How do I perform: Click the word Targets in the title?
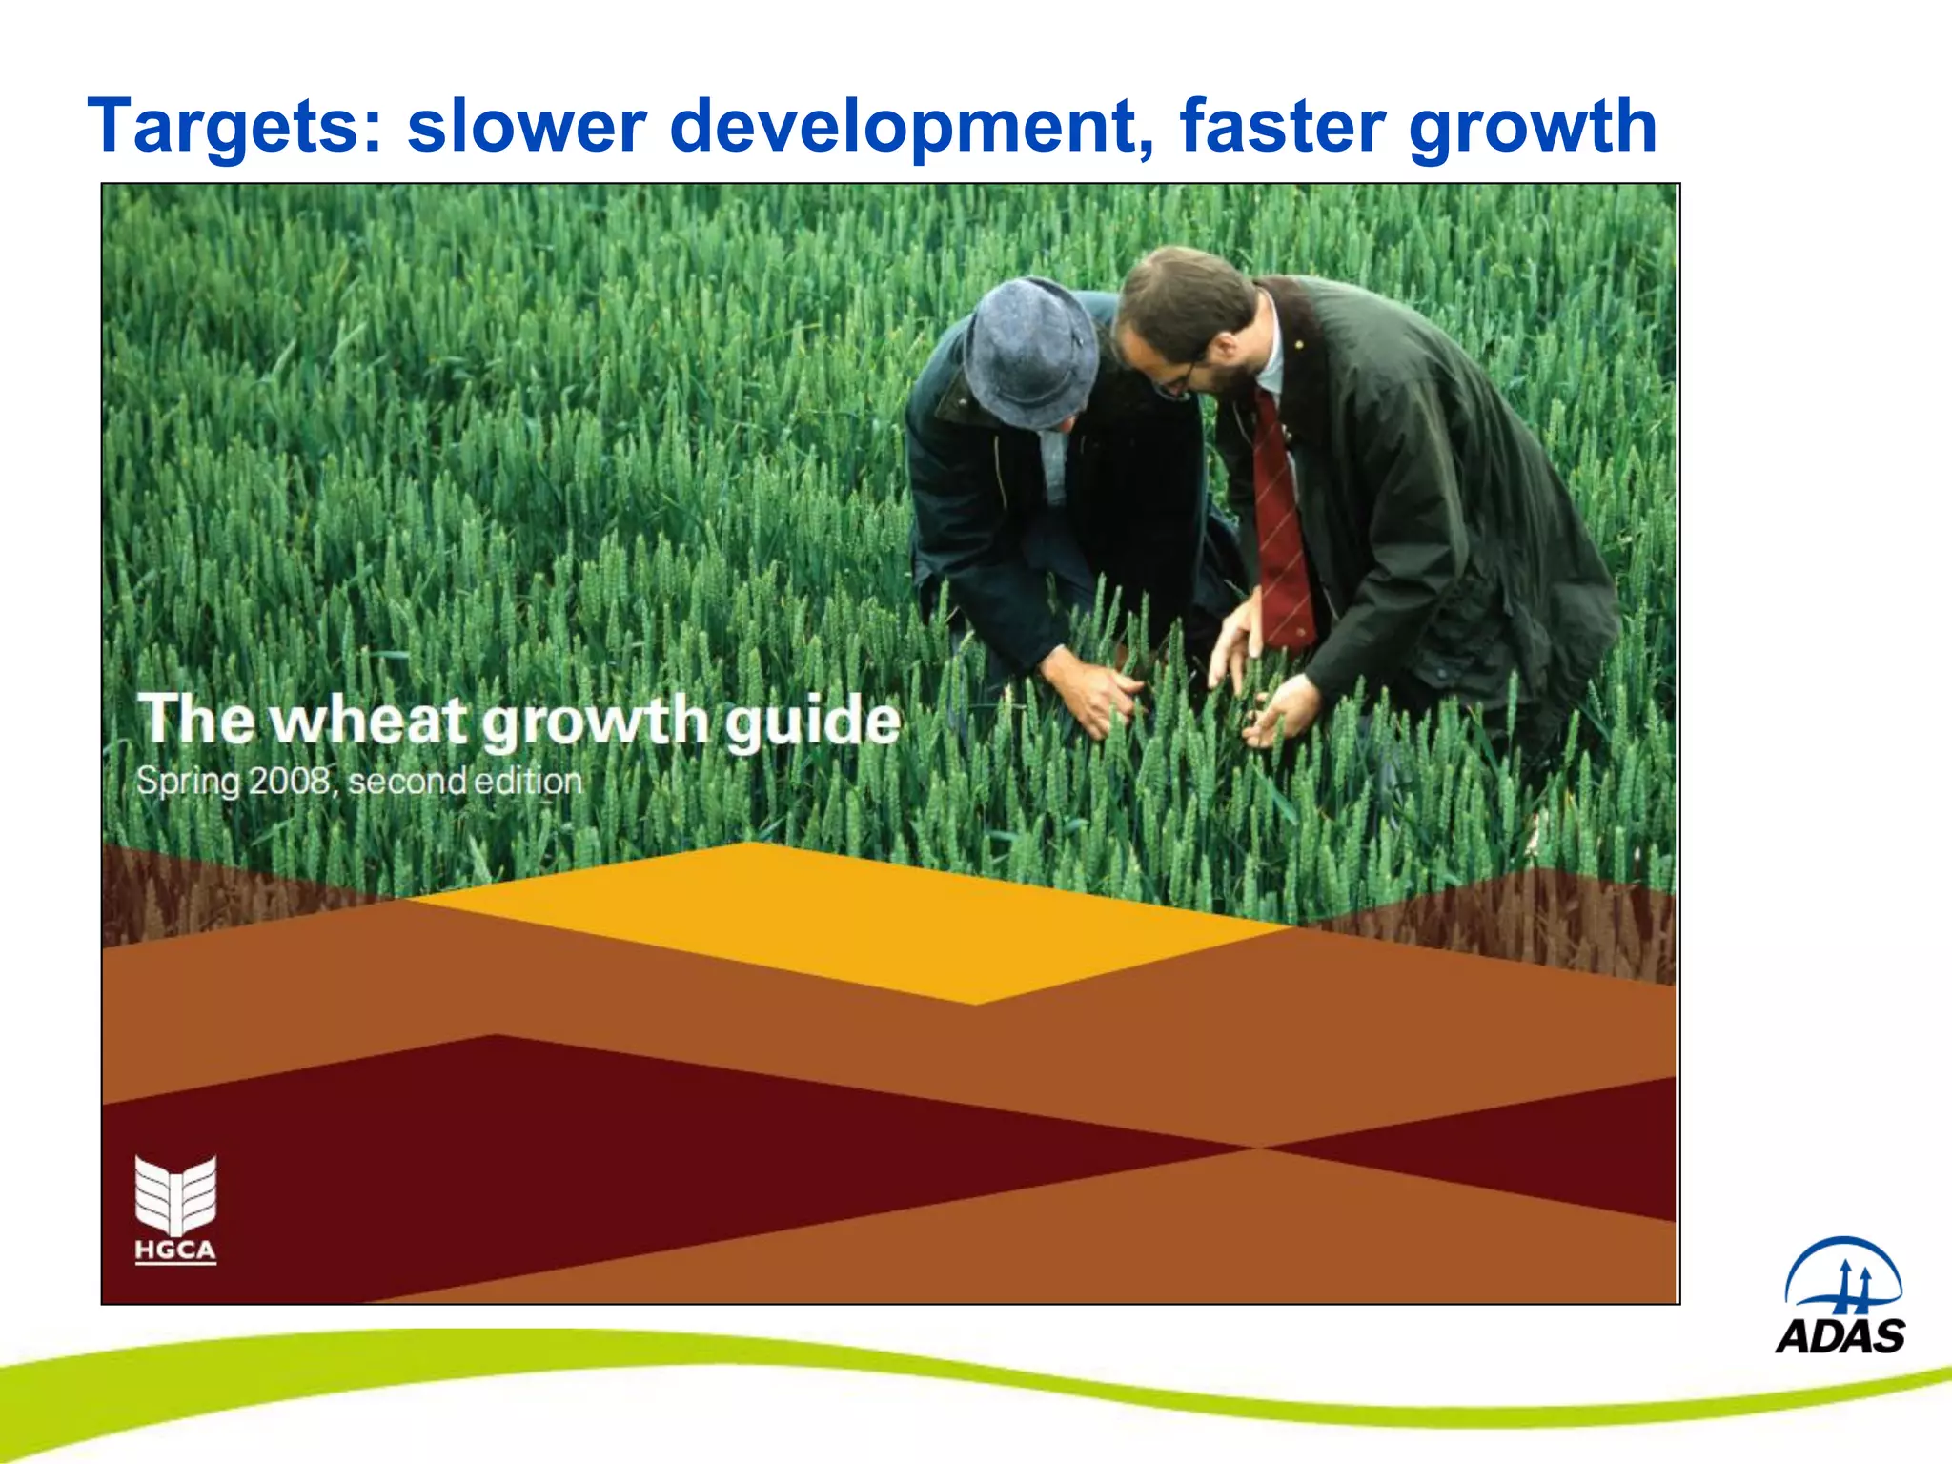point(234,126)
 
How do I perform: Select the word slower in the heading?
point(526,126)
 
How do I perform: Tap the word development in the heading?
point(911,126)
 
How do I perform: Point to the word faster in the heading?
point(1283,126)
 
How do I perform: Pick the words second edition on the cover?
point(465,781)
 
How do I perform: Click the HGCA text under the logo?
point(175,1250)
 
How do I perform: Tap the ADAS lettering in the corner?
point(1840,1336)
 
